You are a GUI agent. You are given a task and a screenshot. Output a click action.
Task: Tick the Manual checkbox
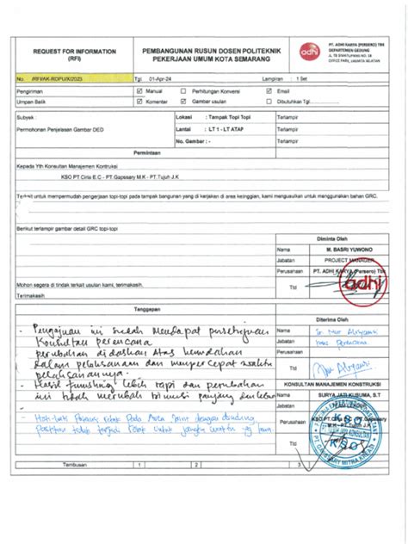139,90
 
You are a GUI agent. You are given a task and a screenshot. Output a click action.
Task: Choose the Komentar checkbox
139,101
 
